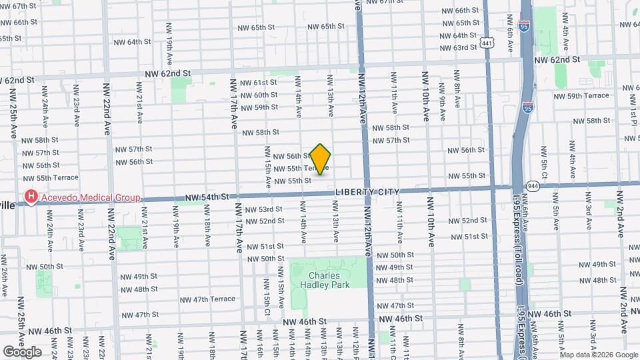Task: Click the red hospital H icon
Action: click(30, 197)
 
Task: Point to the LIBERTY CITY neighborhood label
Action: click(367, 192)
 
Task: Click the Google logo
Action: click(22, 352)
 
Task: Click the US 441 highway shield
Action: click(488, 44)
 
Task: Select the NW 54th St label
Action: click(207, 197)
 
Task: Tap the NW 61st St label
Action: click(260, 83)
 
